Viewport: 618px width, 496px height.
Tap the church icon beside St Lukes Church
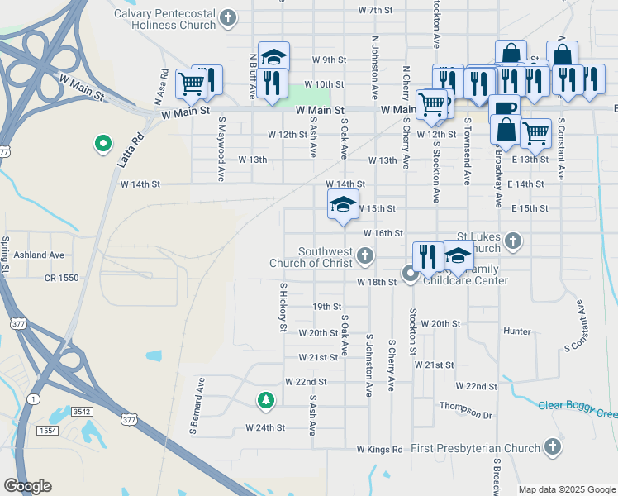point(513,241)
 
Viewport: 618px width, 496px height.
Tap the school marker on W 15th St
point(342,204)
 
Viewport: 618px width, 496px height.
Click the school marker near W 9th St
point(273,57)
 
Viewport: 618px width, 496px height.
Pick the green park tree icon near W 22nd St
point(265,401)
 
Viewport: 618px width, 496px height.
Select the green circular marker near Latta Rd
point(103,145)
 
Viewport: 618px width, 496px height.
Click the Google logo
point(27,486)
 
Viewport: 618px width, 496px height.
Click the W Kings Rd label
point(379,450)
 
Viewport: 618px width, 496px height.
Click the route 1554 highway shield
point(49,432)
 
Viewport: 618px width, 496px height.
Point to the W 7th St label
point(375,10)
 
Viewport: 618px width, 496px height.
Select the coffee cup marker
point(503,108)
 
